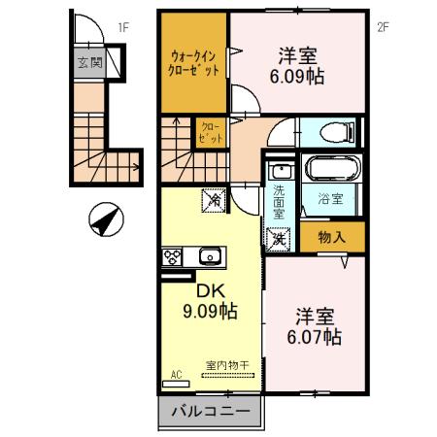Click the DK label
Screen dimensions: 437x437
(x=211, y=289)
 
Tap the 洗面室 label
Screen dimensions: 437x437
(x=277, y=198)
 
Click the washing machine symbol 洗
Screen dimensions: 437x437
(x=278, y=236)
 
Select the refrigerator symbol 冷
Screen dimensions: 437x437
(x=213, y=201)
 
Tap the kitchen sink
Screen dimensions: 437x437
(x=208, y=256)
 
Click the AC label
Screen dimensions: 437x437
(x=176, y=373)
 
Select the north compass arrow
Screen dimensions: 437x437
(x=105, y=218)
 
